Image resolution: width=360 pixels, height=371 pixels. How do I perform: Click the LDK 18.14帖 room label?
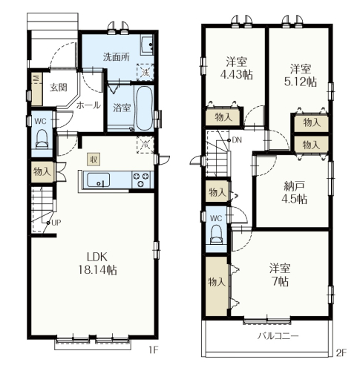point(97,263)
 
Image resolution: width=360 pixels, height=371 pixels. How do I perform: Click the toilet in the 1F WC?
point(42,139)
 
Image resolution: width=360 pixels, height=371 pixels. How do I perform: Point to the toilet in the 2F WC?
point(216,234)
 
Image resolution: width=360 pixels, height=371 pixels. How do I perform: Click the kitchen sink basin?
point(99,180)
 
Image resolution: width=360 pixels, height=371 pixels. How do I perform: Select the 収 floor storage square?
point(94,160)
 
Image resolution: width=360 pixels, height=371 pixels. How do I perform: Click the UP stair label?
point(56,223)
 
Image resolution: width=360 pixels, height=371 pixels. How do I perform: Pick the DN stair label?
point(237,140)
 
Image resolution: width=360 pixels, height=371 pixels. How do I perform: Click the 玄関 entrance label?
point(59,88)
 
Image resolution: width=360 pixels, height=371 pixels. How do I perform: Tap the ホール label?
point(88,105)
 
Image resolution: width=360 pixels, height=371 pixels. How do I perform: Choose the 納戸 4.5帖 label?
point(294,192)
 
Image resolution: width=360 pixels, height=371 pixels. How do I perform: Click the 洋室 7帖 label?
point(280,275)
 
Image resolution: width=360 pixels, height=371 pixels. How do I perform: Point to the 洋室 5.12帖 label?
point(301,75)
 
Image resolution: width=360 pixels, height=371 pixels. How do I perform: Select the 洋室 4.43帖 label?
point(236,68)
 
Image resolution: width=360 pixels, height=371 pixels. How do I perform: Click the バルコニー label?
point(278,336)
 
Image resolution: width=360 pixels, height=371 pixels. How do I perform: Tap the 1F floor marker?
point(153,350)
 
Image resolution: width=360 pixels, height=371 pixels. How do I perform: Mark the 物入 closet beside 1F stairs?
point(42,171)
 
